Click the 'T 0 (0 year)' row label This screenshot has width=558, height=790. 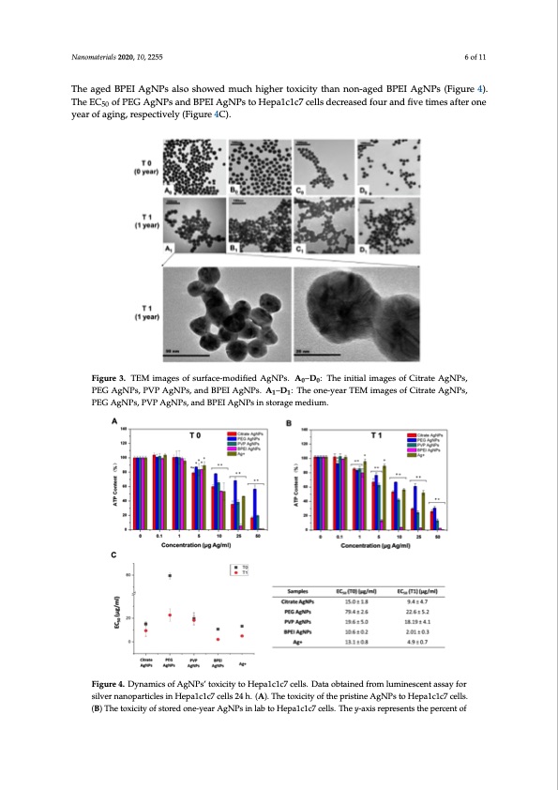(135, 168)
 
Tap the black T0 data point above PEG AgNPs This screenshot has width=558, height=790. (169, 575)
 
